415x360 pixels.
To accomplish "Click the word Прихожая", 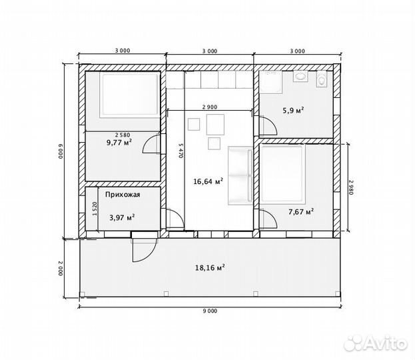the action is tap(123, 195).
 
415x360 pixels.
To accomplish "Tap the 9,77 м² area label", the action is tap(119, 143).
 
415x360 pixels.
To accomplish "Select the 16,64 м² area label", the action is tap(208, 181).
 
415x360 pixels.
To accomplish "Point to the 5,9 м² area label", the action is tap(293, 110).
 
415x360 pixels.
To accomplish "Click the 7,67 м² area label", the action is tap(301, 211).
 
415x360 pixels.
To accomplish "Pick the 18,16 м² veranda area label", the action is tap(210, 267).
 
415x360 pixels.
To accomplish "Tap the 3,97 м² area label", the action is tap(123, 218).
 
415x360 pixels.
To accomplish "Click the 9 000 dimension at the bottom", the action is tap(210, 311).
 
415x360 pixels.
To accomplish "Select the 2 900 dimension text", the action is tap(210, 107).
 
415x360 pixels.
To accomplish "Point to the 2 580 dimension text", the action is tap(123, 135).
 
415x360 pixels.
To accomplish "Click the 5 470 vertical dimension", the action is tap(181, 151).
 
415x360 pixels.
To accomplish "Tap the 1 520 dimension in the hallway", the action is tap(95, 209).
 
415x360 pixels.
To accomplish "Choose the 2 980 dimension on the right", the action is tap(351, 187).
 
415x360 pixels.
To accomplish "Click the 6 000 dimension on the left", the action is tap(60, 151).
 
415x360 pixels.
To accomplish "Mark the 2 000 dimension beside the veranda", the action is tap(61, 269).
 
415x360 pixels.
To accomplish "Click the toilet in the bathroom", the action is tap(322, 79).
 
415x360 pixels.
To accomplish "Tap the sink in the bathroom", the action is tap(300, 77).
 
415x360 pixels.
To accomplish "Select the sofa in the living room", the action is tap(240, 175).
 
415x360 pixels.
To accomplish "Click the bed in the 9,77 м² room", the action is tap(129, 95).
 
